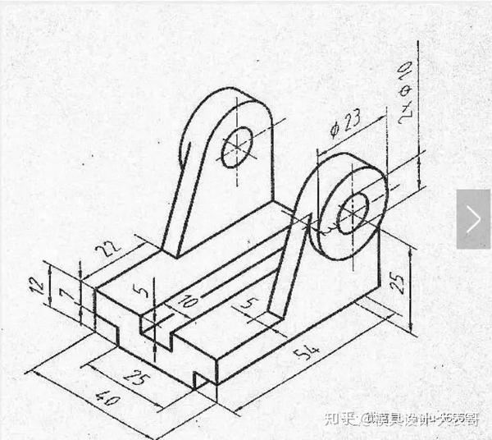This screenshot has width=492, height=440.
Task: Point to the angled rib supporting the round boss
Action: click(291, 263)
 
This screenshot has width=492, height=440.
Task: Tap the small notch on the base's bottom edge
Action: click(198, 377)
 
